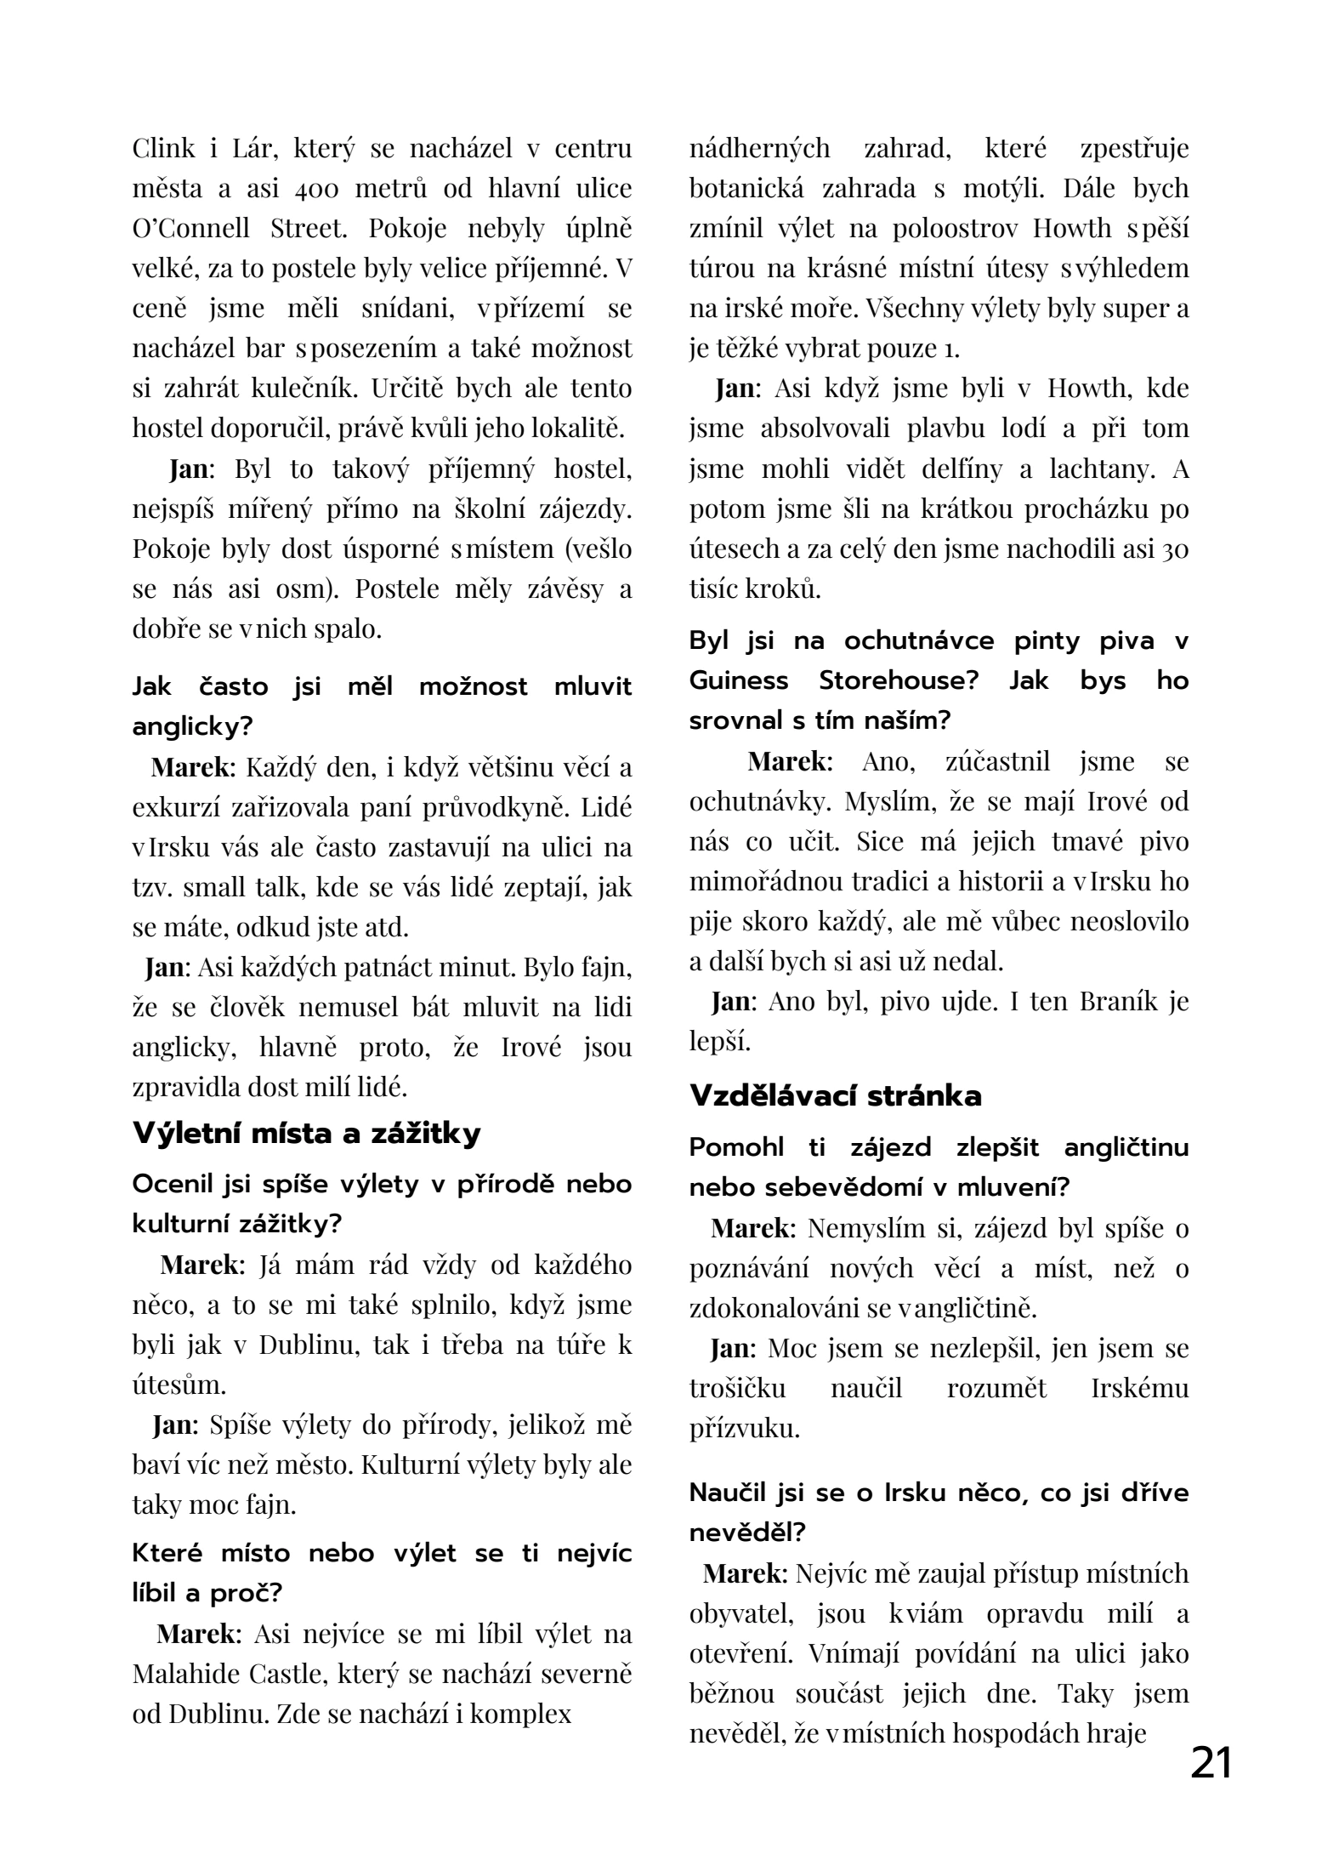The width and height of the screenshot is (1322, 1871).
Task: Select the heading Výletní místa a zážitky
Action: click(x=306, y=1134)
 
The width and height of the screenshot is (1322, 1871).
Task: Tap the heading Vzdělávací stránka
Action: click(x=835, y=1096)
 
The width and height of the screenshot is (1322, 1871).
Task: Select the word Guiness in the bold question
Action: click(x=737, y=680)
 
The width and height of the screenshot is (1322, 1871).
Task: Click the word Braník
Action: click(x=1113, y=1002)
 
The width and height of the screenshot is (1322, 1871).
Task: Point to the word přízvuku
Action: click(x=745, y=1429)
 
